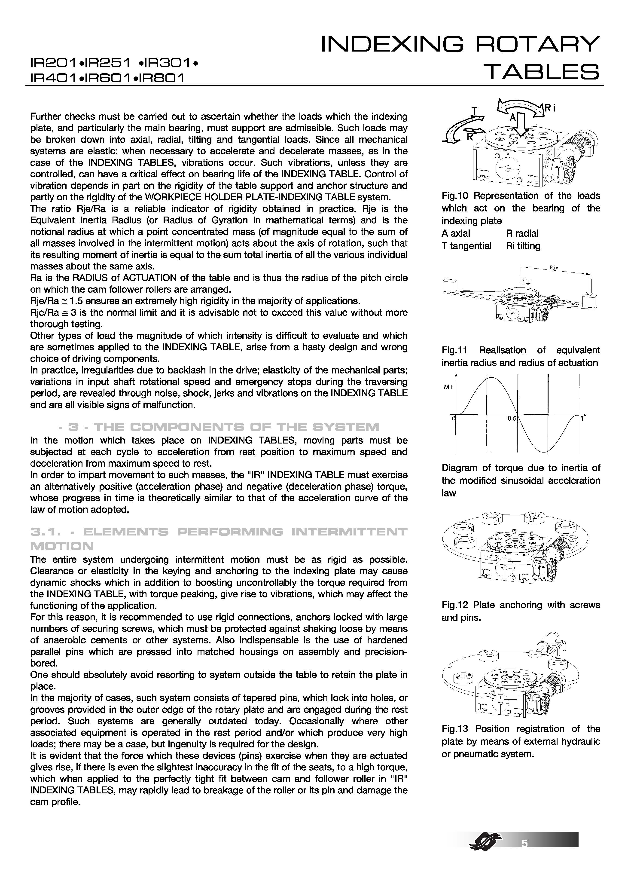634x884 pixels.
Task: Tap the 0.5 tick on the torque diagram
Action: pos(512,418)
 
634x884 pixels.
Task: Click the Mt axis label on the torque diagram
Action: pos(448,387)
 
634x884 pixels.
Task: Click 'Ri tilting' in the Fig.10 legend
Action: pos(523,246)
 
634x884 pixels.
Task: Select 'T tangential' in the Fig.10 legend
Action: pos(466,246)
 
